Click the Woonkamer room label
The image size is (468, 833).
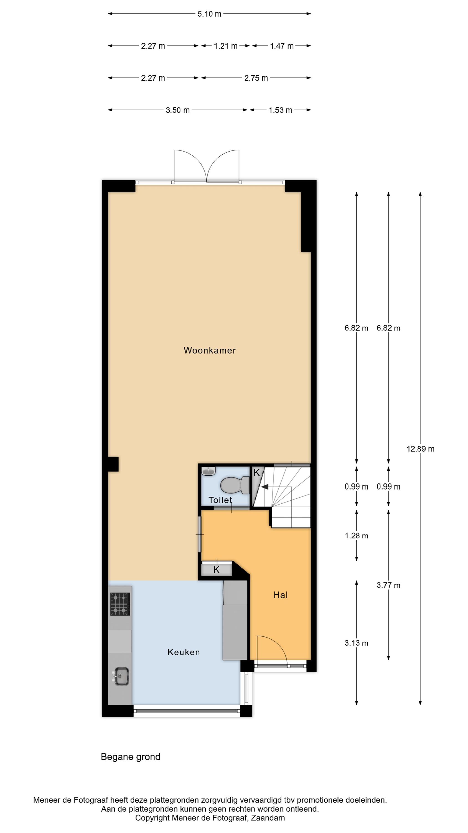click(210, 350)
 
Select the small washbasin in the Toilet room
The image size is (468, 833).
click(208, 471)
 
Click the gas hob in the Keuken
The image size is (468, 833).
click(120, 604)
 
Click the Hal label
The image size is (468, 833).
click(280, 595)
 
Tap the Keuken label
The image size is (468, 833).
click(184, 652)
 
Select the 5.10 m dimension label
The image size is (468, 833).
click(209, 14)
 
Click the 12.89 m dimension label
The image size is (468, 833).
click(420, 449)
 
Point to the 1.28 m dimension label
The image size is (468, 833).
click(356, 536)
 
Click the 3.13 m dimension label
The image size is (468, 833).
click(356, 643)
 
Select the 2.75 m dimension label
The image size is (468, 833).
click(256, 78)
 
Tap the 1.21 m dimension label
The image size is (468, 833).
click(225, 46)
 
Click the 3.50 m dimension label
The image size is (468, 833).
click(177, 110)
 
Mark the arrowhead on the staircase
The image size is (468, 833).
click(265, 487)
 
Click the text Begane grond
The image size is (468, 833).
click(131, 757)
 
